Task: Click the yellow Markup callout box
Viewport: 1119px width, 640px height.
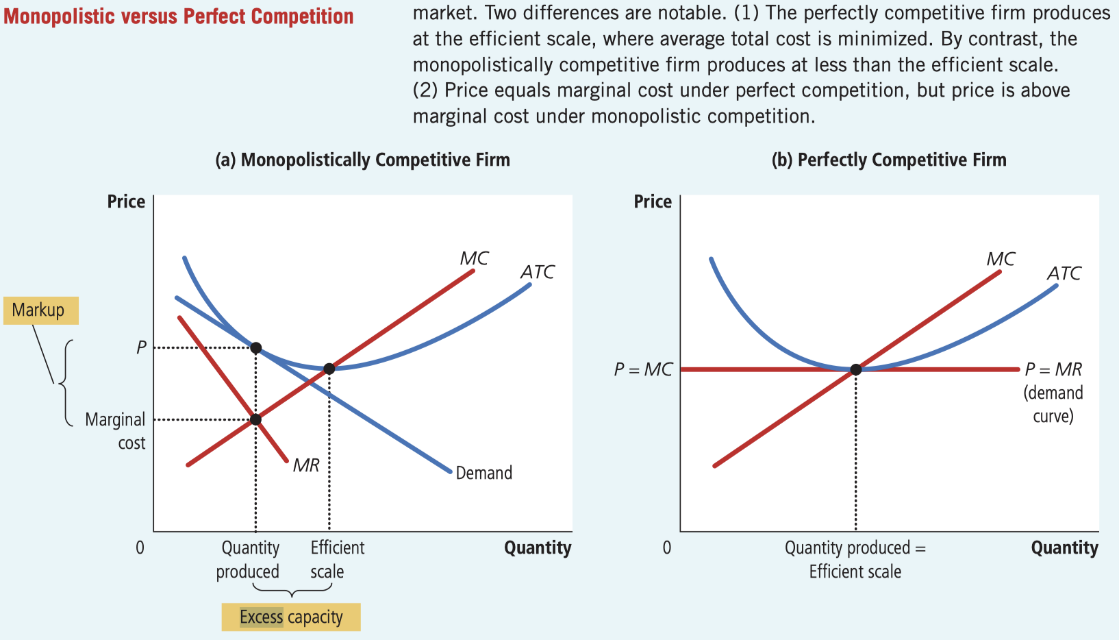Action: tap(40, 310)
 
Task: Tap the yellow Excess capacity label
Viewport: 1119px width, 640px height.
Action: tap(291, 617)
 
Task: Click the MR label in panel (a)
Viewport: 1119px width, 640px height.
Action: tap(306, 465)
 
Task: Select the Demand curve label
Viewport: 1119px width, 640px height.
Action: tap(484, 473)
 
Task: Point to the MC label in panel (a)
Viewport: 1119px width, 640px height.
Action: tap(474, 258)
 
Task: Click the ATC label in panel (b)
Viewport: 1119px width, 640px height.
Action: tap(1064, 273)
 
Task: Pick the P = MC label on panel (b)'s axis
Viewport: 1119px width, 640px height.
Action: tap(643, 370)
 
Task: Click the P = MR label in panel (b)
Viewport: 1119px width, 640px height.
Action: tap(1053, 370)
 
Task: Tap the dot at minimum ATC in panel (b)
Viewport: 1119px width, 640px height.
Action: tap(855, 369)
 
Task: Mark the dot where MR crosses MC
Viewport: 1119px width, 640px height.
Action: tap(255, 419)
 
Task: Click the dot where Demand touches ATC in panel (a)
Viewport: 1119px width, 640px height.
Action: tap(255, 348)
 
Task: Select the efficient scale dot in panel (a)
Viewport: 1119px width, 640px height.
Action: tap(329, 369)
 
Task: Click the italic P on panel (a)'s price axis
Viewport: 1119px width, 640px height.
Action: tap(141, 347)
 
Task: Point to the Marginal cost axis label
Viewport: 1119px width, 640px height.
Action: tap(115, 431)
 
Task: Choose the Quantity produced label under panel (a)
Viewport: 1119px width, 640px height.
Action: tap(249, 560)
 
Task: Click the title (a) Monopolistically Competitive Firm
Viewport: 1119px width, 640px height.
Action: tap(362, 160)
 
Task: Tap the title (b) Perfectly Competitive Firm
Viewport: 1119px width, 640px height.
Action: tap(889, 160)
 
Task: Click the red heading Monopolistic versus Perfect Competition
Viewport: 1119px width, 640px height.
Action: tap(179, 16)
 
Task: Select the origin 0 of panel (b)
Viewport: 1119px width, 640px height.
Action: tap(666, 547)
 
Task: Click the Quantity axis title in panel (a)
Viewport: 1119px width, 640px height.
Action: tap(538, 548)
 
